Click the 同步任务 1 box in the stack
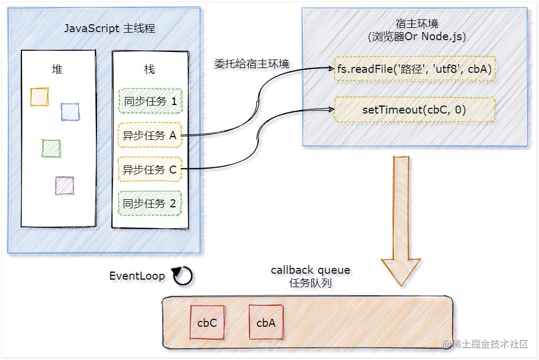click(x=150, y=101)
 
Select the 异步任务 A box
click(x=150, y=136)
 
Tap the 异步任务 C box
click(x=150, y=170)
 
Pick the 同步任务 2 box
click(x=150, y=204)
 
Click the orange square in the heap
click(x=40, y=97)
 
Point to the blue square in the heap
click(x=70, y=112)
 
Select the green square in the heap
click(x=51, y=148)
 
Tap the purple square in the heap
click(x=64, y=185)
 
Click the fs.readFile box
click(x=414, y=69)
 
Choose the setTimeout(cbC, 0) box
click(x=414, y=110)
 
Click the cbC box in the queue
click(x=207, y=322)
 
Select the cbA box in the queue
click(x=266, y=322)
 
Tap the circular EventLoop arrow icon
click(x=183, y=276)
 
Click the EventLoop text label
click(x=138, y=276)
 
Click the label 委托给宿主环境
click(x=252, y=64)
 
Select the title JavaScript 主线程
click(x=109, y=28)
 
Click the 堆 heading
click(x=57, y=69)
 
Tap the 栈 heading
click(x=149, y=69)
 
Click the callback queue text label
click(x=310, y=270)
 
